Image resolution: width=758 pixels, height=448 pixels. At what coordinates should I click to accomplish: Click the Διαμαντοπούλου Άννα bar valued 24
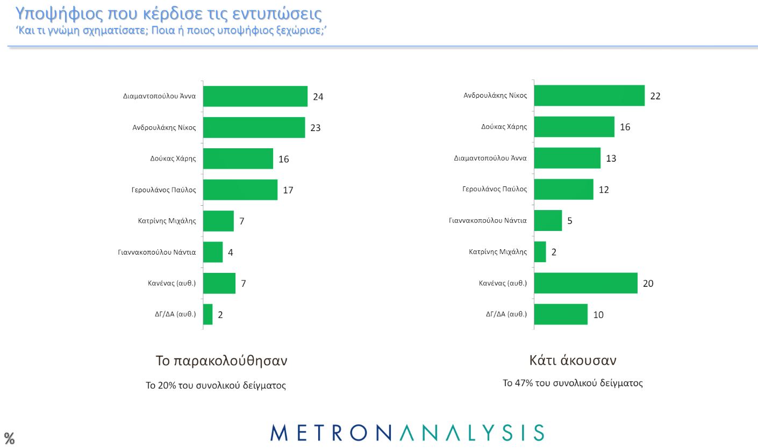(x=255, y=97)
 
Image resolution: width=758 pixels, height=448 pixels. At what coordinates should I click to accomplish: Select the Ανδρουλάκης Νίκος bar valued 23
(x=254, y=128)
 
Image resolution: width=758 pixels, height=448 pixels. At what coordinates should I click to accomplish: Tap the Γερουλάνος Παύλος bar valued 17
(x=240, y=190)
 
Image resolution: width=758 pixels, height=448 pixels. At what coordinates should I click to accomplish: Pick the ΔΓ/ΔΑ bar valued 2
(x=208, y=314)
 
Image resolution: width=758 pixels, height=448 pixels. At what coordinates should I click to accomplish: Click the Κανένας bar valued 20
(x=585, y=283)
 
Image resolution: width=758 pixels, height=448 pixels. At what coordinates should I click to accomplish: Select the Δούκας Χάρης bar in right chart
(x=574, y=127)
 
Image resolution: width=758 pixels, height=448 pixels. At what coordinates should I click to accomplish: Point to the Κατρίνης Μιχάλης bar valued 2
(x=540, y=252)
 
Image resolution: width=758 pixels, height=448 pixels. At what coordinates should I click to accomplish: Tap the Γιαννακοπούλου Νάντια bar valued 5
(x=548, y=221)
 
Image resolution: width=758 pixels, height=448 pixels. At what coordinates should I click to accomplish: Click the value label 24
(x=318, y=97)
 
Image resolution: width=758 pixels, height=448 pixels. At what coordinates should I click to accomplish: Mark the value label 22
(x=655, y=97)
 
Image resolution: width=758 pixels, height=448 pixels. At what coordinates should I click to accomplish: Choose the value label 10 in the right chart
(x=598, y=315)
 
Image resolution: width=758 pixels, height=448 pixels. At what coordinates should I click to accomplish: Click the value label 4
(x=231, y=252)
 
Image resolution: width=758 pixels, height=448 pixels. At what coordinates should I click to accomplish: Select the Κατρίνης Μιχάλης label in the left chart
(x=167, y=220)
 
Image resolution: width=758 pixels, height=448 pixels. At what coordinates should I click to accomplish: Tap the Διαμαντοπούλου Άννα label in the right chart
(x=490, y=158)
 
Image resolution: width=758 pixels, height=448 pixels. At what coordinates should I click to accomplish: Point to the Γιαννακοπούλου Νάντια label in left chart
(x=156, y=251)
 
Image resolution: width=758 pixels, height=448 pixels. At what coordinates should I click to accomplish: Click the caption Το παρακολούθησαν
(x=221, y=360)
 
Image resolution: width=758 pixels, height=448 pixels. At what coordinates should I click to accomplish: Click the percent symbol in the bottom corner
(x=10, y=438)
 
